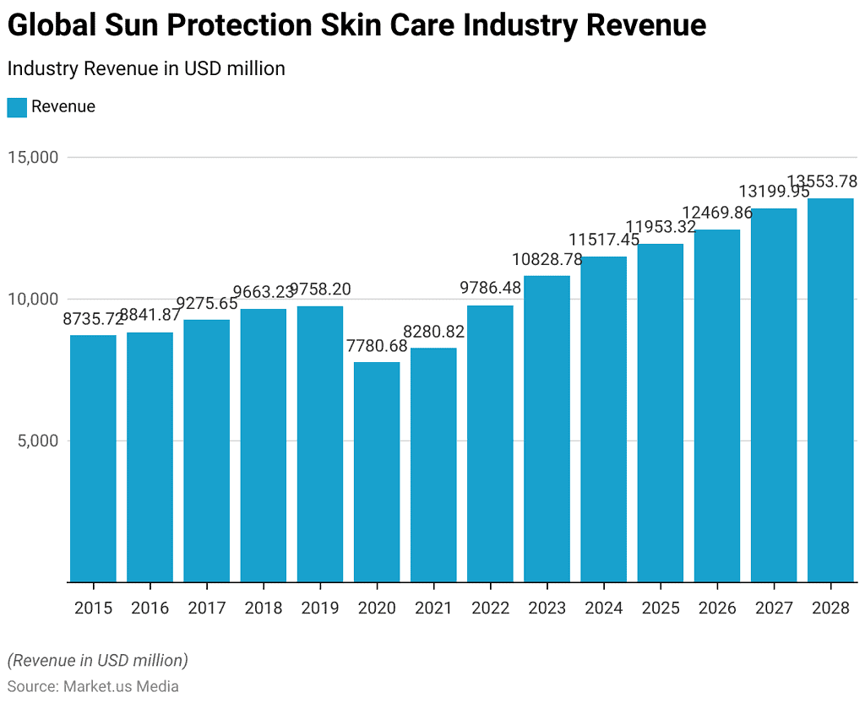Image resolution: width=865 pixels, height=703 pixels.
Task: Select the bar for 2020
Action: click(377, 472)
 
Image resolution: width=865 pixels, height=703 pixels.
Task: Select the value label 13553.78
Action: click(822, 181)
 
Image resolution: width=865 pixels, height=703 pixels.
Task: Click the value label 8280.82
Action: click(433, 332)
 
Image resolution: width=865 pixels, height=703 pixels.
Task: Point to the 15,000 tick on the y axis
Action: click(34, 158)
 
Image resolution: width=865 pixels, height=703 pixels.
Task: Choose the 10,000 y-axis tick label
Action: click(34, 299)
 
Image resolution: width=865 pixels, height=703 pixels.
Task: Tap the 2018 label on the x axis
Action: click(263, 608)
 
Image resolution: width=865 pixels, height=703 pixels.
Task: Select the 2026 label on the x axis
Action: click(717, 608)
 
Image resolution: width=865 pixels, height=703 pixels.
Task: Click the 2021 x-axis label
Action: click(433, 608)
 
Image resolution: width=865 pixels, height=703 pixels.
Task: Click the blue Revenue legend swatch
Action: click(17, 107)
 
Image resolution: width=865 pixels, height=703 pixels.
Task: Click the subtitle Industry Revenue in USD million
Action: click(146, 69)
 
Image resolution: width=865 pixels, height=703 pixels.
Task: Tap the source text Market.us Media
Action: click(121, 687)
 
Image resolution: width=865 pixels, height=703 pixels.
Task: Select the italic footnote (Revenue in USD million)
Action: click(97, 660)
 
